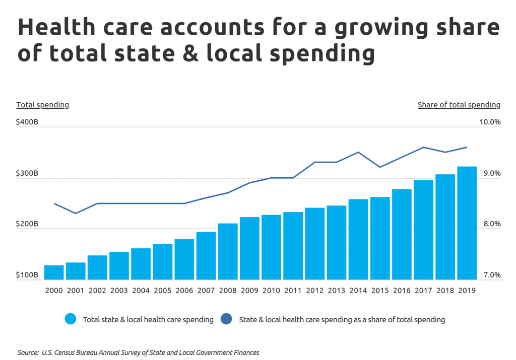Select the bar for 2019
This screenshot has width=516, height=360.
click(x=467, y=223)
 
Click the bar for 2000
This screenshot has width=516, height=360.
click(x=54, y=272)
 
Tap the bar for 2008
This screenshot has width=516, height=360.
click(x=228, y=252)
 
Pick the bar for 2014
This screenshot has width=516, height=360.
click(x=358, y=239)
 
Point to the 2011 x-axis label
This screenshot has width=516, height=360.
click(x=293, y=291)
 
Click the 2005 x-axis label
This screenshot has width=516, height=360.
click(x=163, y=291)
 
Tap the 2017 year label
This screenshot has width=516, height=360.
click(x=423, y=291)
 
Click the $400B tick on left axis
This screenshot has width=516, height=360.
click(x=27, y=122)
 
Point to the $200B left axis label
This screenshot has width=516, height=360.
click(x=27, y=224)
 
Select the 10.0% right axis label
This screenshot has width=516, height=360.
click(x=490, y=122)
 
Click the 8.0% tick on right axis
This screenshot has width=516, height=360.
click(x=492, y=224)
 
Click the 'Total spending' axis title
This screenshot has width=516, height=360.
click(x=43, y=105)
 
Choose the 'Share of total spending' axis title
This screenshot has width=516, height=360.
click(x=459, y=105)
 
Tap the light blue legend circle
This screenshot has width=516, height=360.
click(x=71, y=319)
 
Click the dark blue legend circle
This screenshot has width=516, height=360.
click(x=226, y=319)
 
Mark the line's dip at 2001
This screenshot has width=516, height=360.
click(x=76, y=213)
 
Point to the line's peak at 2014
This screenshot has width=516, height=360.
click(x=358, y=152)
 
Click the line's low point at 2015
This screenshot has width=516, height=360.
click(x=380, y=167)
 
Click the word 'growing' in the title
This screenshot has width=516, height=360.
click(x=381, y=28)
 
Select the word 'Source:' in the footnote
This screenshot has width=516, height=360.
click(x=28, y=352)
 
